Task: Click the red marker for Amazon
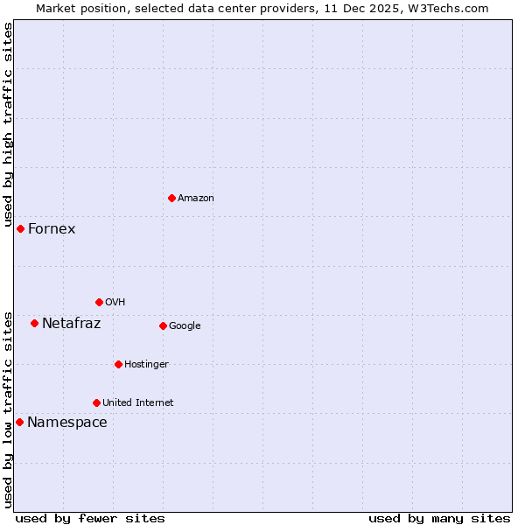click(171, 198)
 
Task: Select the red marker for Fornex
click(20, 228)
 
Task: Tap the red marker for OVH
click(99, 302)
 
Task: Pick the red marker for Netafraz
click(34, 323)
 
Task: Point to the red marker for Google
click(163, 325)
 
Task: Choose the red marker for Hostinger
click(118, 364)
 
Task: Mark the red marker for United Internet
click(96, 402)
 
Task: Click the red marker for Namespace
click(19, 422)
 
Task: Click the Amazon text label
click(196, 199)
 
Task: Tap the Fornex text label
click(52, 229)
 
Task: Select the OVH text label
click(115, 303)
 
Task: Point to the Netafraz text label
click(72, 324)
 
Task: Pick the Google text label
click(185, 326)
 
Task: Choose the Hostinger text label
click(146, 365)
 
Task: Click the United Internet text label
click(138, 403)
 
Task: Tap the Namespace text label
click(67, 423)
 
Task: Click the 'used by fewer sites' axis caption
click(90, 518)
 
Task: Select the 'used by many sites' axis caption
click(439, 518)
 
